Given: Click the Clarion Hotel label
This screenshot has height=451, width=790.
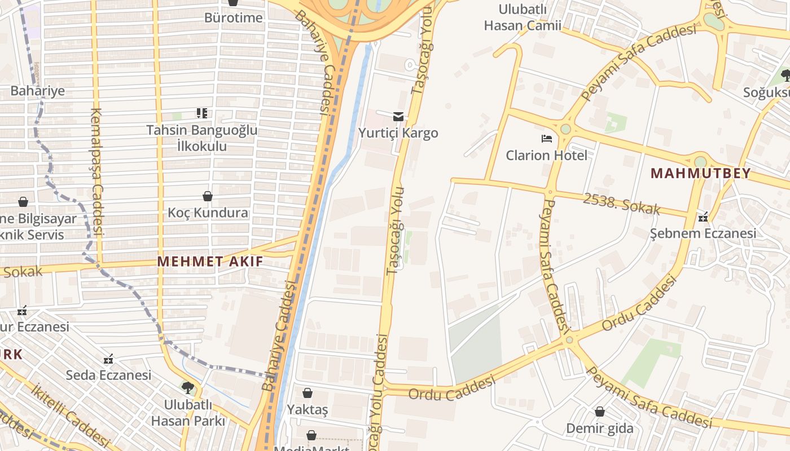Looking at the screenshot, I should [x=546, y=155].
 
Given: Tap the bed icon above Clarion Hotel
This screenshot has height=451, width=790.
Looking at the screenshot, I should [x=546, y=139].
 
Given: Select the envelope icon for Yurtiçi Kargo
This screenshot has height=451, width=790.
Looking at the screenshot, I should [x=398, y=116].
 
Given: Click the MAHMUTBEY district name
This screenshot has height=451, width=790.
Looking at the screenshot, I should [x=701, y=173].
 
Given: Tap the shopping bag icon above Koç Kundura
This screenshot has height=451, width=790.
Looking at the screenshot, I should [x=208, y=196].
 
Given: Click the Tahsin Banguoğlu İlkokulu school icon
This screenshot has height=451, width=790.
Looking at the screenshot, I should [x=202, y=113].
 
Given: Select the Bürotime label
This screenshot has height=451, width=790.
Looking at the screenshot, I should [x=234, y=17].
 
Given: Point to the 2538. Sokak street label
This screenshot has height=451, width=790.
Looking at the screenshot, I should [x=621, y=203].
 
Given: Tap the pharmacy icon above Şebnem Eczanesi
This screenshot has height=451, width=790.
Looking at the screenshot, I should [x=703, y=217].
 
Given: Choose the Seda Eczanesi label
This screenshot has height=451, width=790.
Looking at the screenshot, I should [x=108, y=375].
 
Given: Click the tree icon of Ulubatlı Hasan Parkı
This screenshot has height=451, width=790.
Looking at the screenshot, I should [x=187, y=388].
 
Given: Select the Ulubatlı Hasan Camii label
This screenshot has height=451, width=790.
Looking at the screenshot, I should [x=523, y=17].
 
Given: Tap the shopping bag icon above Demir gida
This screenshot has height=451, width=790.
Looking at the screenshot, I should [x=600, y=412].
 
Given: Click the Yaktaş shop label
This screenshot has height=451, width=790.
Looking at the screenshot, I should [x=308, y=409].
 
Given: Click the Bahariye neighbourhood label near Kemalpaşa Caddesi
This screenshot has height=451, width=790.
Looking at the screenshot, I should [x=38, y=90].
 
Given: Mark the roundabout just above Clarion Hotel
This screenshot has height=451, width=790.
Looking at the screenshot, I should [x=565, y=129].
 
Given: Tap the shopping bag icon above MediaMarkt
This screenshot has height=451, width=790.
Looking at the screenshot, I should [x=311, y=435].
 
